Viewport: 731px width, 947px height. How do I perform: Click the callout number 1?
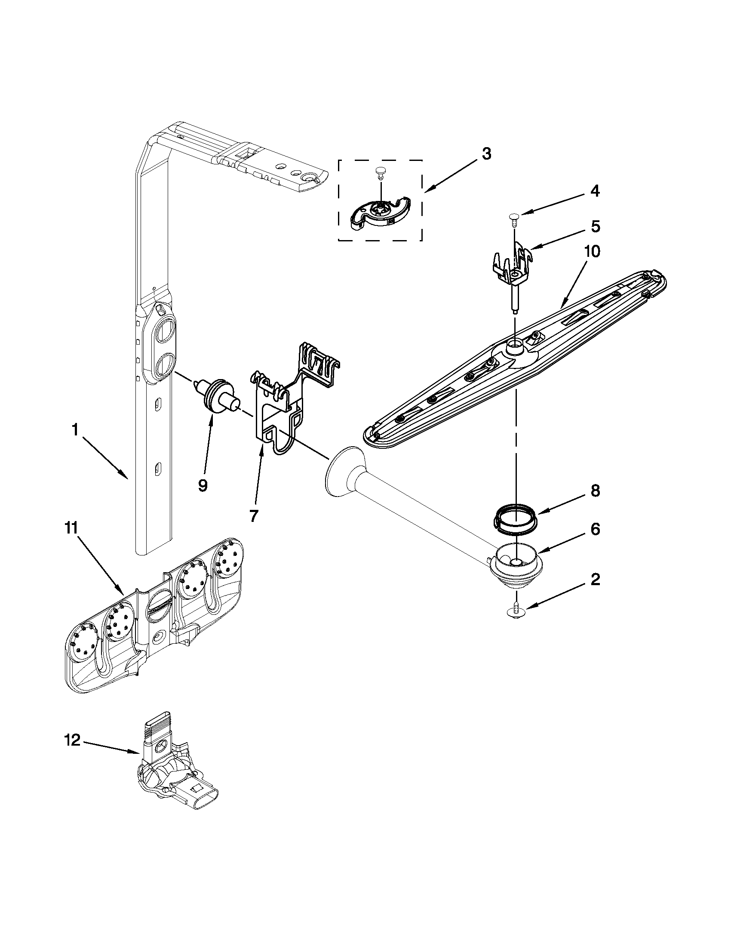click(75, 430)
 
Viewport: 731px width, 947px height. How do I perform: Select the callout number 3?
click(487, 154)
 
